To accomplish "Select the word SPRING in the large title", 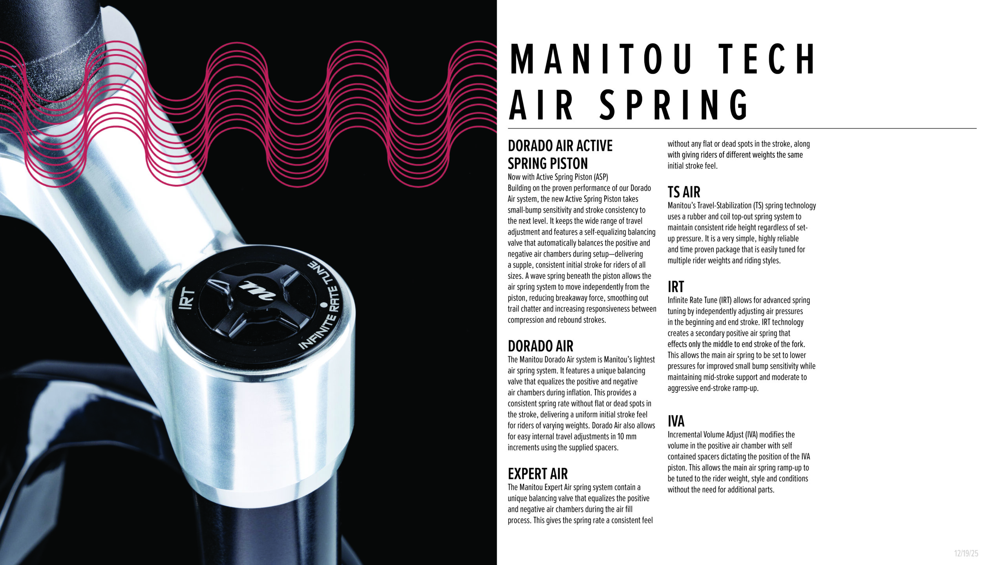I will (673, 105).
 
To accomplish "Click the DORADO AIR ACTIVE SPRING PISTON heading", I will (560, 154).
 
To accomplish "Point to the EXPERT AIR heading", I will (537, 474).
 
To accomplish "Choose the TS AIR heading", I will (684, 192).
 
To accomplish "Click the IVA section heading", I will (676, 421).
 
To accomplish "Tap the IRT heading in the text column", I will (676, 287).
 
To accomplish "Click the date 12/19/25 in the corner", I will (966, 553).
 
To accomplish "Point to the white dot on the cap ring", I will (324, 304).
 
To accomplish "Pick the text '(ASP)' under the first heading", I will (599, 177).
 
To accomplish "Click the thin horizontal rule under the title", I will (742, 128).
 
